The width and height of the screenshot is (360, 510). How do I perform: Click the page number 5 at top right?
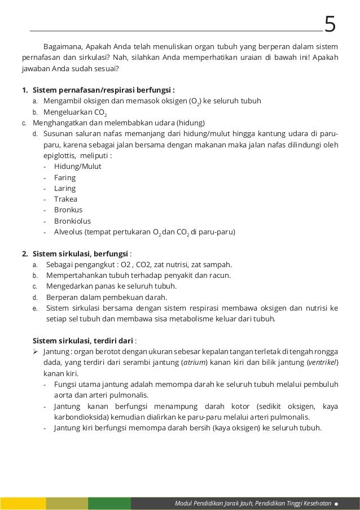pos(330,25)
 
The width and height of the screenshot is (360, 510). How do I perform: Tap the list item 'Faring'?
pos(64,177)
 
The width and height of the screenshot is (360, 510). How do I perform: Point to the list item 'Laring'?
pos(64,188)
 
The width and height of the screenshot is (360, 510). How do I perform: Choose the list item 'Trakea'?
pos(65,199)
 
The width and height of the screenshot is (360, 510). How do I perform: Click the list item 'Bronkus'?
pos(68,210)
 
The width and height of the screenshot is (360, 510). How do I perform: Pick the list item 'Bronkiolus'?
pos(72,221)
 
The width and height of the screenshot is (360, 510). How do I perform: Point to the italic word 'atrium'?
pos(194,363)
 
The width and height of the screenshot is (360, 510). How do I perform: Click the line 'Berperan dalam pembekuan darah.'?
pos(106,297)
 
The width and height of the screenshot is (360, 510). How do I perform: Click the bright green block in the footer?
pos(109,503)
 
